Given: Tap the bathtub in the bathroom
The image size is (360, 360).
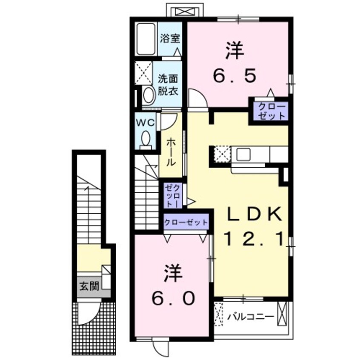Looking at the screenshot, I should [x=147, y=39].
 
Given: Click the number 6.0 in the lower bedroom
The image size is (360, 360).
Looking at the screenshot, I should [x=174, y=297].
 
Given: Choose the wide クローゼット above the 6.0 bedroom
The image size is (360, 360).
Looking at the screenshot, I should [x=186, y=222].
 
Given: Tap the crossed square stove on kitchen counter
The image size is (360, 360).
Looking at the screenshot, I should [x=222, y=154].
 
